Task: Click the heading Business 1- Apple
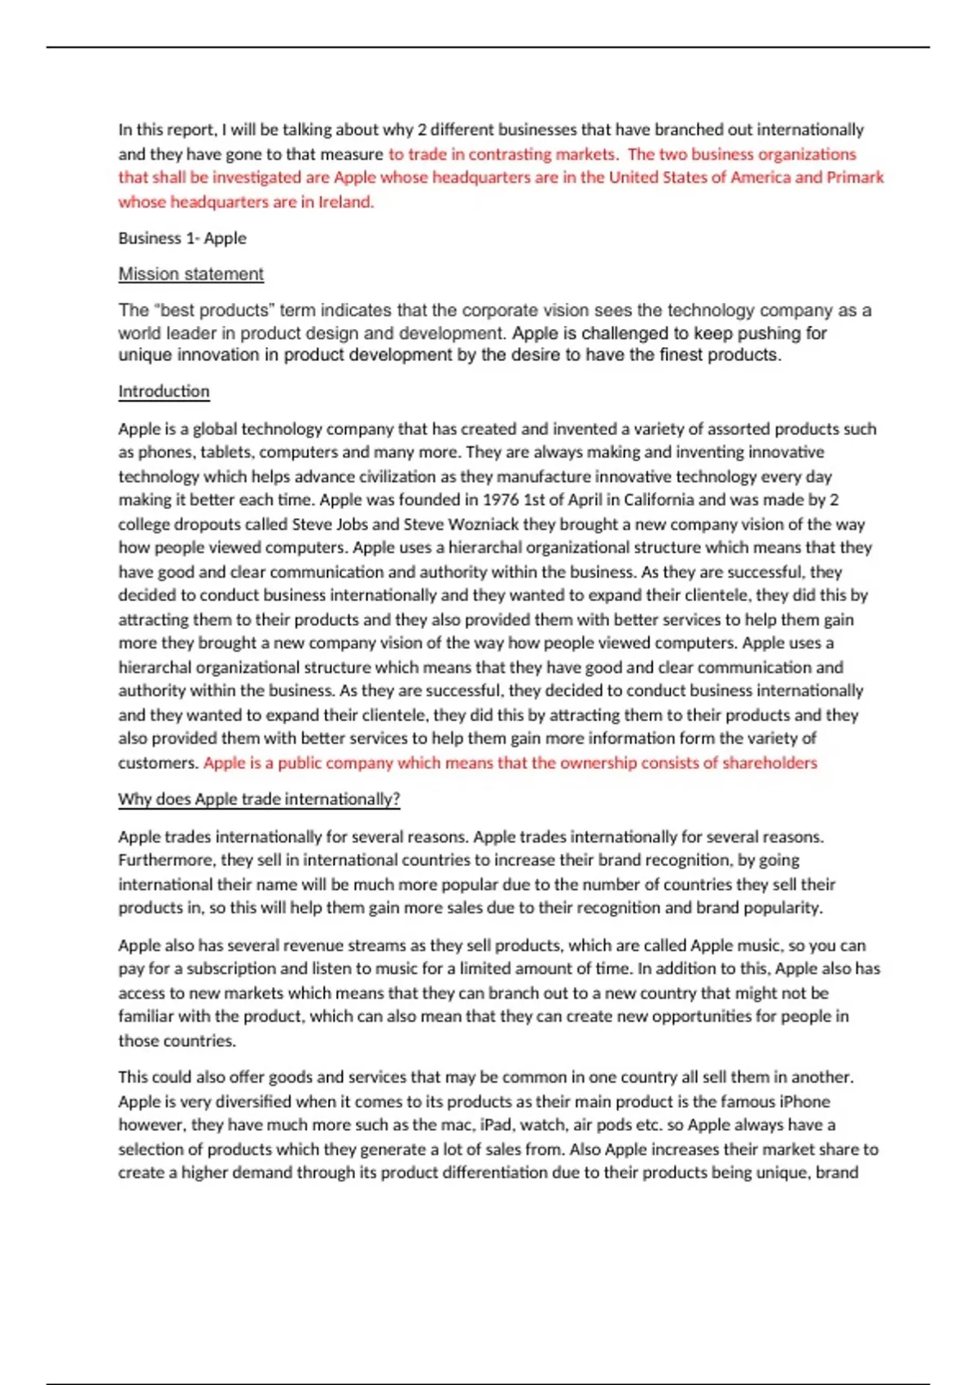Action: click(x=182, y=238)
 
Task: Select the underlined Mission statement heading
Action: click(x=191, y=274)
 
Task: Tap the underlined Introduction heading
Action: click(x=164, y=391)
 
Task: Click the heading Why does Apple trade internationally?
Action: click(x=259, y=798)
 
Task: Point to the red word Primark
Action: click(x=855, y=178)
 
